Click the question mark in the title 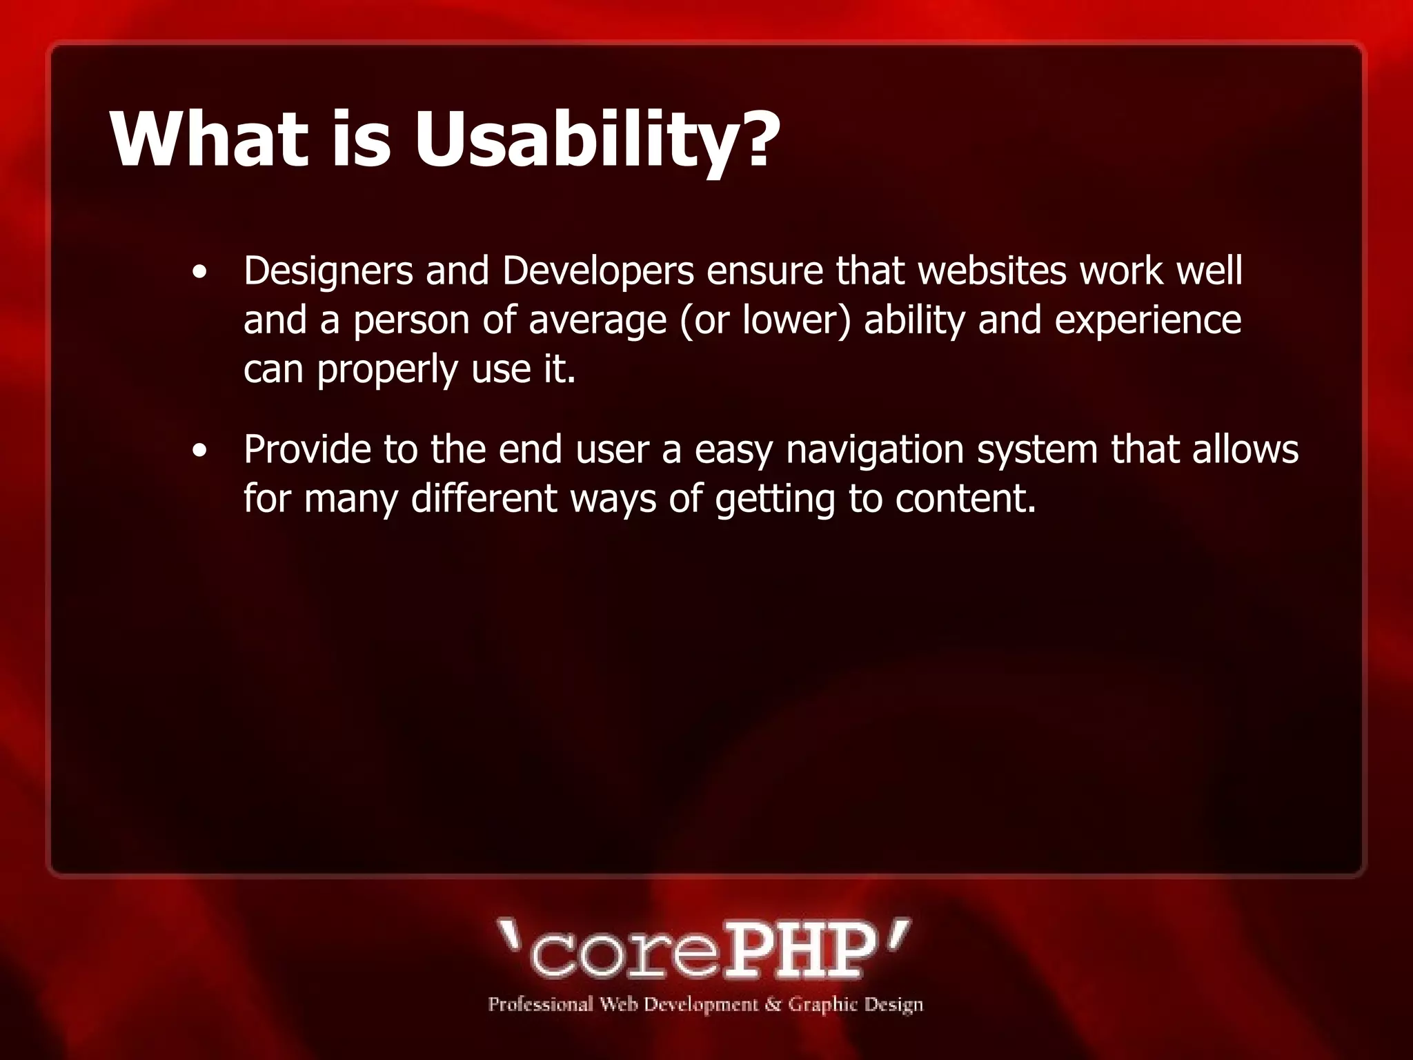[758, 138]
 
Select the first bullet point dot [199, 273]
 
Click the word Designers [328, 271]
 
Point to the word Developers [597, 271]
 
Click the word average [597, 321]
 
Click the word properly [387, 371]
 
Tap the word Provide [306, 449]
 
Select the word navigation [875, 451]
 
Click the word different [484, 498]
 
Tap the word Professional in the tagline [540, 1004]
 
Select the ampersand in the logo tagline [772, 1004]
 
